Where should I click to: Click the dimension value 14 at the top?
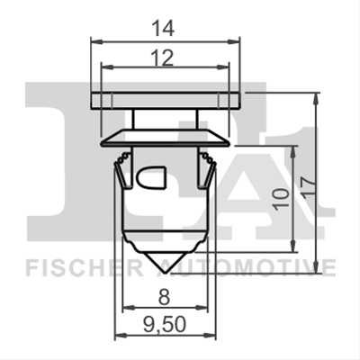click(x=163, y=29)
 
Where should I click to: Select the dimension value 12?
click(x=163, y=58)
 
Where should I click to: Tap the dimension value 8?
click(x=164, y=298)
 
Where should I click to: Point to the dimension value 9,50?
click(x=165, y=324)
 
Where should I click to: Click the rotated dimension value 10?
click(x=282, y=198)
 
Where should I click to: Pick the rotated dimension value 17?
click(x=308, y=187)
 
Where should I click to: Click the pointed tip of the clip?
click(x=166, y=273)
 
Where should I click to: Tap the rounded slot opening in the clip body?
click(x=151, y=177)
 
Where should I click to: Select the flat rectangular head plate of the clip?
click(x=166, y=101)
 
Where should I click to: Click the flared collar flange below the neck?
click(x=166, y=138)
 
